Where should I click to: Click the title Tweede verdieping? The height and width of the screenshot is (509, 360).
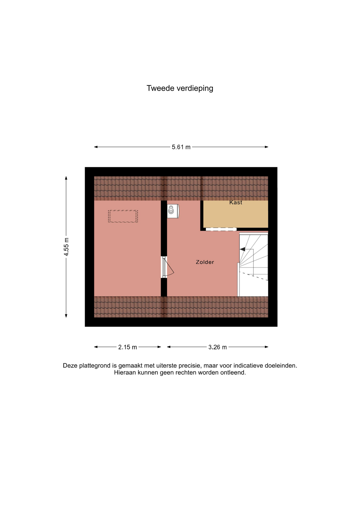180,88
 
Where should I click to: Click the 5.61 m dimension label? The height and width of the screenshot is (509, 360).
181,147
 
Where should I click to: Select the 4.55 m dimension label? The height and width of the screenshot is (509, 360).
66,247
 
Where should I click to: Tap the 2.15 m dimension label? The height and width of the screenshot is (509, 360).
128,347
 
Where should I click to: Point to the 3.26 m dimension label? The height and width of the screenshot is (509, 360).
217,347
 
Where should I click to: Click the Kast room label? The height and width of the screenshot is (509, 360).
236,203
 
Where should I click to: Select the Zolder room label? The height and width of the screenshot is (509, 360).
205,262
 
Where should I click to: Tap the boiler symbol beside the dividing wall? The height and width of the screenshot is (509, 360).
173,211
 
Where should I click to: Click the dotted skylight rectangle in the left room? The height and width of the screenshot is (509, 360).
123,216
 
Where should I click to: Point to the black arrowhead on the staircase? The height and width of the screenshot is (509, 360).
242,249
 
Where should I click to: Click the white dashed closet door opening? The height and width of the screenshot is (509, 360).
221,229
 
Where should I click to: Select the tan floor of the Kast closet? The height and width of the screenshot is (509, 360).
236,214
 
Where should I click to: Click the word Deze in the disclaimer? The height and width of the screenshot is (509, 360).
70,366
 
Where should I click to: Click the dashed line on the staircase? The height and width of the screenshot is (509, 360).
253,276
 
